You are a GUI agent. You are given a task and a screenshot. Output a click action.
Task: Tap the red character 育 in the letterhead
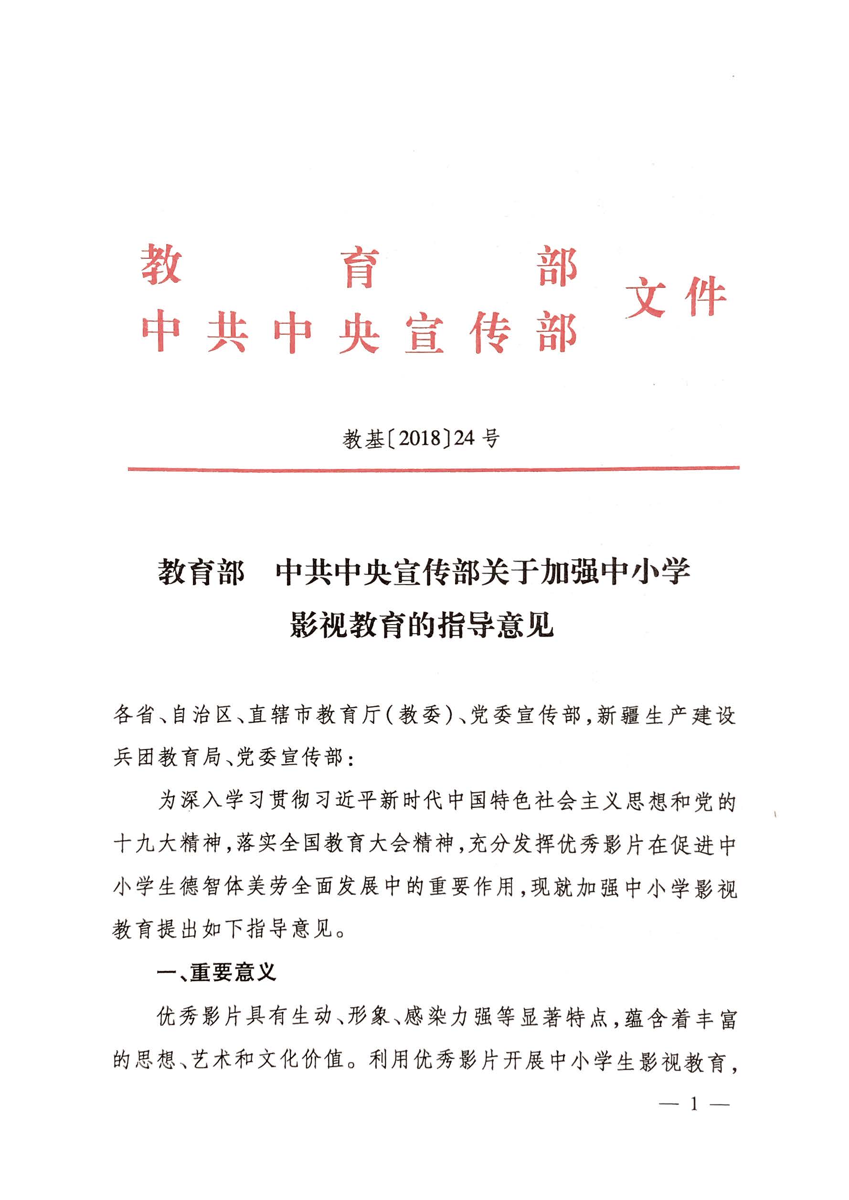[360, 267]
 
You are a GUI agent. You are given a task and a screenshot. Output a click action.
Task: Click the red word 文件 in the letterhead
[676, 297]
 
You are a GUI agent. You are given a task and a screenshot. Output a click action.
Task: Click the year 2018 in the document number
[421, 438]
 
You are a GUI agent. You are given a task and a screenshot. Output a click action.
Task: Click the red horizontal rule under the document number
[434, 468]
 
